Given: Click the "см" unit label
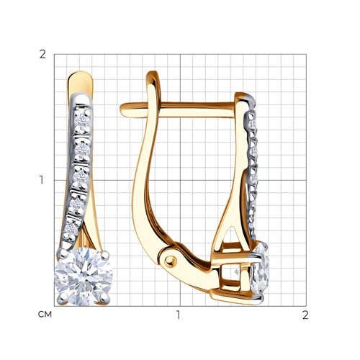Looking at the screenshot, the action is point(45,315).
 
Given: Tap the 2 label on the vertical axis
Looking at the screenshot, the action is point(42,55).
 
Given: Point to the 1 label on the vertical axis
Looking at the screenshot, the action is point(42,180).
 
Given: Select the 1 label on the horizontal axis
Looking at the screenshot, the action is point(178,315).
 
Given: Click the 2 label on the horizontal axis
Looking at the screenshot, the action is point(305,315).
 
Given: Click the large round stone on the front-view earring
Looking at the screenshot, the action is point(84,276).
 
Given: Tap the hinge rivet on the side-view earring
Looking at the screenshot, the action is point(170,260).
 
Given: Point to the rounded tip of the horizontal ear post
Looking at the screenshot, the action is point(122,109).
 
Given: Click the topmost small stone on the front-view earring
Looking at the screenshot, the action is point(82,121).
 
